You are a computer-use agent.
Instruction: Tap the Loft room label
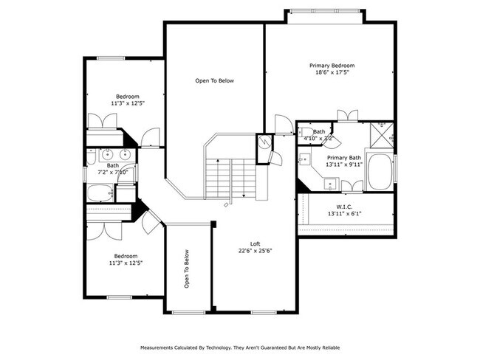coord(255,243)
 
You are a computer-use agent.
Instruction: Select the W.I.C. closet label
coord(345,206)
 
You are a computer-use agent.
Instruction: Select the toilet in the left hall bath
coord(91,156)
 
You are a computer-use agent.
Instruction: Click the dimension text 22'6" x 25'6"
coord(255,251)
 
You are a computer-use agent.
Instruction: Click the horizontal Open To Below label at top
coord(214,80)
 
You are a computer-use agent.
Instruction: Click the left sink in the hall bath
coord(109,155)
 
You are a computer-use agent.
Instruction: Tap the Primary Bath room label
coord(344,157)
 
